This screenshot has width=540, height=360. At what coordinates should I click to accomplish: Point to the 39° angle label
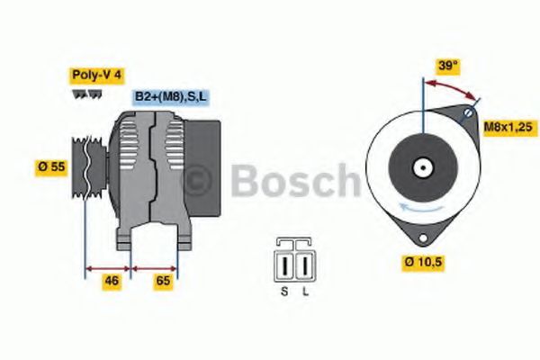pyautogui.click(x=447, y=66)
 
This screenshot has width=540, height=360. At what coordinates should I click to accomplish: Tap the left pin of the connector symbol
pyautogui.click(x=286, y=266)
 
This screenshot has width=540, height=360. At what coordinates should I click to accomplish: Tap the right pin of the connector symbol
pyautogui.click(x=304, y=266)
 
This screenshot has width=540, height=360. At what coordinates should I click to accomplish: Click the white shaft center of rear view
pyautogui.click(x=421, y=168)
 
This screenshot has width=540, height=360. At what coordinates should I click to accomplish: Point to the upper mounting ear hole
pyautogui.click(x=469, y=116)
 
